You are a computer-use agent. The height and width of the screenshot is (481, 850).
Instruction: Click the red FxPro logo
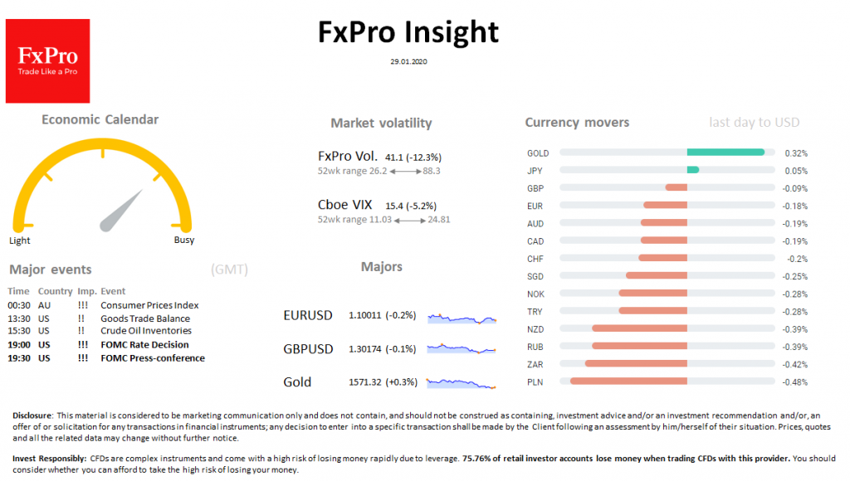click(x=47, y=61)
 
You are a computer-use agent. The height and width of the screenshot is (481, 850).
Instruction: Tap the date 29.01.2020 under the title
click(x=408, y=61)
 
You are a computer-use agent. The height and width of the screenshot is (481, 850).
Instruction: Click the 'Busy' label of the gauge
click(x=184, y=240)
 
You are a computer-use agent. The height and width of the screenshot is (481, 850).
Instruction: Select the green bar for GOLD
click(x=725, y=153)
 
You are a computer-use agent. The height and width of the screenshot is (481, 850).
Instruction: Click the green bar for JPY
click(x=692, y=170)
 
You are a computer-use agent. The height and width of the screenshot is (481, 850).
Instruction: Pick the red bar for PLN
click(x=628, y=381)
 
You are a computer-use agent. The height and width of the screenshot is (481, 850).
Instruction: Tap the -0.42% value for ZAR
click(x=796, y=364)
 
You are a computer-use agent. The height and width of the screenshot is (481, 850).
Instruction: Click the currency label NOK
click(x=535, y=294)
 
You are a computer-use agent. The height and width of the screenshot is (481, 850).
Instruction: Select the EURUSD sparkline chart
click(x=462, y=318)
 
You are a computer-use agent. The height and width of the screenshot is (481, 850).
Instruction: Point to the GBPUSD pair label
click(x=308, y=349)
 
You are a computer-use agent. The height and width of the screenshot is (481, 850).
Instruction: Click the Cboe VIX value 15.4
click(x=393, y=205)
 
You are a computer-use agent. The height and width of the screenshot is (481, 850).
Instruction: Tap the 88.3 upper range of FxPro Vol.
click(x=431, y=171)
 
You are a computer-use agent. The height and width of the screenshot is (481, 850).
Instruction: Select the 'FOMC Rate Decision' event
click(x=144, y=345)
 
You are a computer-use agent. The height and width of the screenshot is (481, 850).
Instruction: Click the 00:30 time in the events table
click(x=18, y=305)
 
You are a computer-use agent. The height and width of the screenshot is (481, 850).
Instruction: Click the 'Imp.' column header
click(x=86, y=292)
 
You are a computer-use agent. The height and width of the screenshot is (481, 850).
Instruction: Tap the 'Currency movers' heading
click(x=577, y=123)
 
